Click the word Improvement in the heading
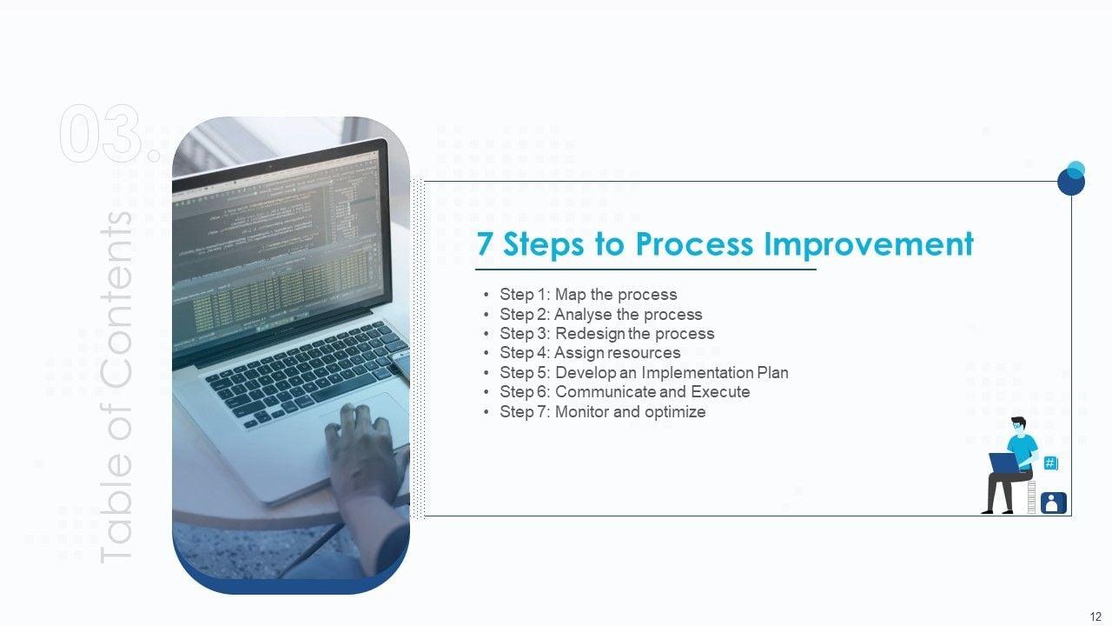[868, 244]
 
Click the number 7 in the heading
[485, 243]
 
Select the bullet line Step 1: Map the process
[588, 294]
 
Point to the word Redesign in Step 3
[589, 333]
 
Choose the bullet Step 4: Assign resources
[590, 352]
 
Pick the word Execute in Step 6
[720, 391]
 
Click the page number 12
[1095, 616]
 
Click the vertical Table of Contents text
[116, 387]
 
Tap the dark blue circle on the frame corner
[1071, 182]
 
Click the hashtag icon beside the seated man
[1050, 463]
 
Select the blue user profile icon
[1054, 503]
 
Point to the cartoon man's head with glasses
[1018, 425]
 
